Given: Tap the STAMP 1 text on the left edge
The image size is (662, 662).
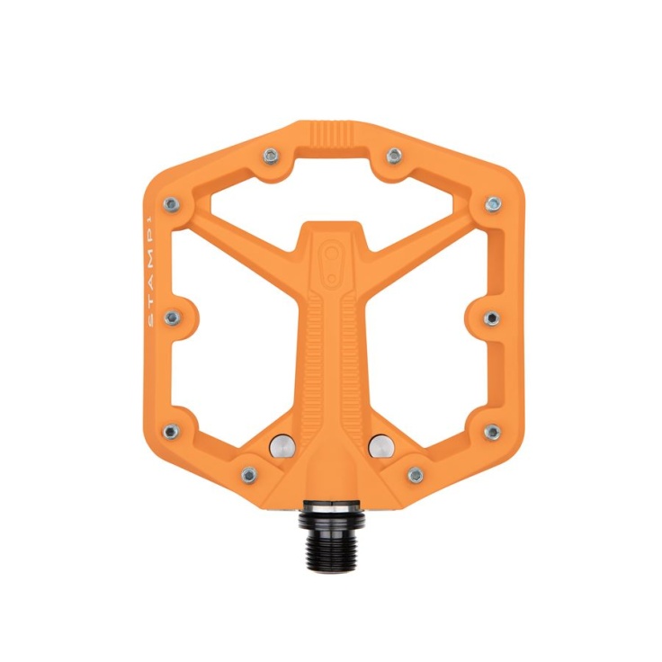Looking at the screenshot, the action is click(x=152, y=270).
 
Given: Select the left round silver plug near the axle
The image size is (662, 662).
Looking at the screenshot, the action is click(x=282, y=446).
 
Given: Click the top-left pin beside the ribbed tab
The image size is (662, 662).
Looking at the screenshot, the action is click(x=271, y=157).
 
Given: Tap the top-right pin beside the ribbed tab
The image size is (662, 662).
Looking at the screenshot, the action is click(x=394, y=156).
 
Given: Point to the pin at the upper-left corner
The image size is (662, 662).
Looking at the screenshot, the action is click(x=172, y=205).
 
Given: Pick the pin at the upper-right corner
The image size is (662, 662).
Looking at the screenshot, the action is click(x=493, y=204).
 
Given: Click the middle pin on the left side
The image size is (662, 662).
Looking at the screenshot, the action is click(x=173, y=318).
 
